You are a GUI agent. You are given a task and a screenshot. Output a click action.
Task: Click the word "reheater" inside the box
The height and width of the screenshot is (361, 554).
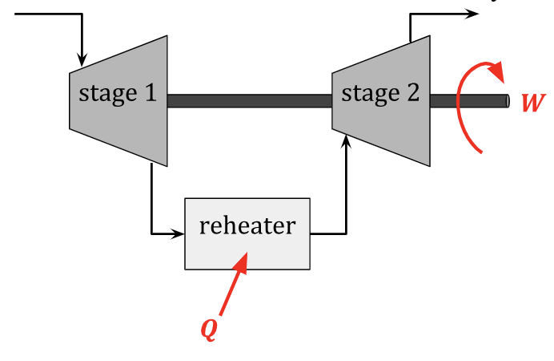pyautogui.click(x=247, y=225)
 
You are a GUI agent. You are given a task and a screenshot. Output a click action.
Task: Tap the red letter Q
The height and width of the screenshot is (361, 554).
pyautogui.click(x=208, y=330)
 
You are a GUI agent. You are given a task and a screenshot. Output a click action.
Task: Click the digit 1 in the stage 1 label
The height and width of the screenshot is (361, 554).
pyautogui.click(x=149, y=94)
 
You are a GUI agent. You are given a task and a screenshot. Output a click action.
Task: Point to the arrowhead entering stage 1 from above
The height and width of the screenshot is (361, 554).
pyautogui.click(x=82, y=59)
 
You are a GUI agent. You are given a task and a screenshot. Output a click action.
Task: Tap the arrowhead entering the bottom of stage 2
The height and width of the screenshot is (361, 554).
pyautogui.click(x=347, y=142)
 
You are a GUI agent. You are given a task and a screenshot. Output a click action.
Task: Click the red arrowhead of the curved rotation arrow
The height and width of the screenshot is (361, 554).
pyautogui.click(x=498, y=71)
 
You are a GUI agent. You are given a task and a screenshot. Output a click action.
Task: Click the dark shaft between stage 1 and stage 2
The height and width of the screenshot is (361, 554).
pyautogui.click(x=249, y=101)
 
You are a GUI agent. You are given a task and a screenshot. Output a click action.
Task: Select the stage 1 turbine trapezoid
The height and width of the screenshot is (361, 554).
pyautogui.click(x=120, y=120)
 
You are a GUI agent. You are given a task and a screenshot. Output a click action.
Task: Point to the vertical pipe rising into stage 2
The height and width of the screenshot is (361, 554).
pyautogui.click(x=347, y=193)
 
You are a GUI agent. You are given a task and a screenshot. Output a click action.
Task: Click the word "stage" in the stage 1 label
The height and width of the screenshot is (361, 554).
pyautogui.click(x=107, y=95)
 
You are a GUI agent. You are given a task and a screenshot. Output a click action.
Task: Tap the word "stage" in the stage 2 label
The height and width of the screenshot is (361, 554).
pyautogui.click(x=370, y=95)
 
